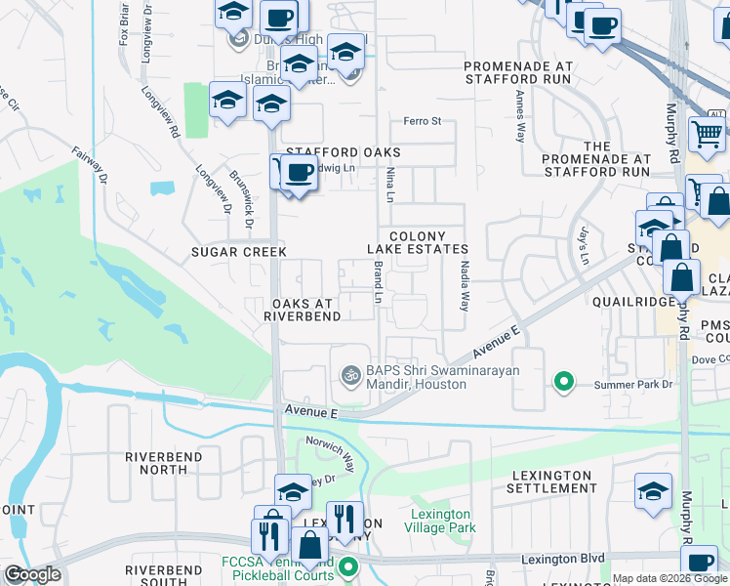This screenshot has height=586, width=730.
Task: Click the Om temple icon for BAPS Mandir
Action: tap(349, 376)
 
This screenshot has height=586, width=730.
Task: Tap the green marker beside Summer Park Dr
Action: tap(563, 382)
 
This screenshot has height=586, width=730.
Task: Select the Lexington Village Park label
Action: tap(442, 521)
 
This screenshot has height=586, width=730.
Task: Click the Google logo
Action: tap(32, 574)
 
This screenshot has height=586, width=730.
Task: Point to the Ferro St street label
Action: tap(424, 122)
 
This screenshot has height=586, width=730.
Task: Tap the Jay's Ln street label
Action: tap(584, 247)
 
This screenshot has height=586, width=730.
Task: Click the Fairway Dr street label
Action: tap(88, 163)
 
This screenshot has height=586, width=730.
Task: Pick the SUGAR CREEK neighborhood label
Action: tap(239, 252)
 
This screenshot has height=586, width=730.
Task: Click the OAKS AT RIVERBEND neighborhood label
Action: tap(305, 310)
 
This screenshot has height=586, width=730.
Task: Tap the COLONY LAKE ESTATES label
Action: tap(417, 243)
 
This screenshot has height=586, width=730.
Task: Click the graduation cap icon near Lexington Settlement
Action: tap(653, 492)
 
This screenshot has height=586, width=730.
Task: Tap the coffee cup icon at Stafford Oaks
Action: tap(300, 174)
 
